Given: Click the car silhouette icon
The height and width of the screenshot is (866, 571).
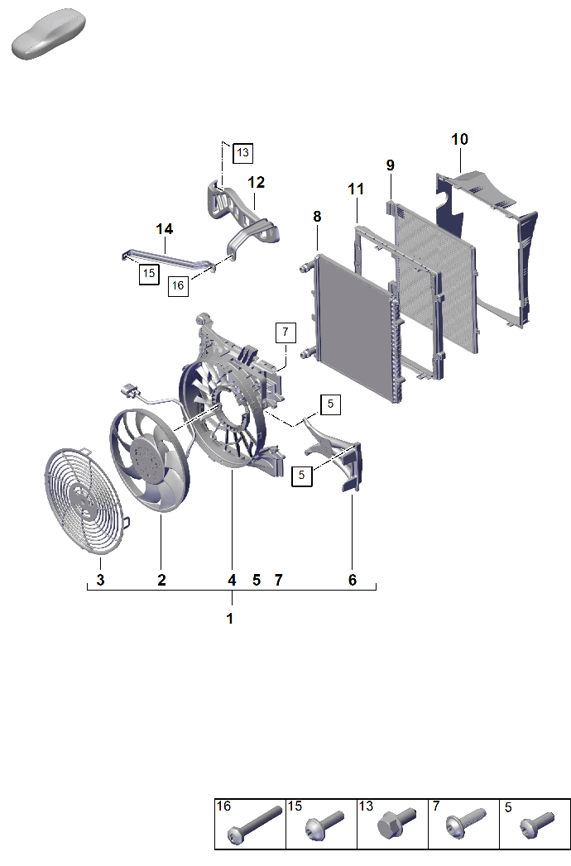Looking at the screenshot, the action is click(49, 33).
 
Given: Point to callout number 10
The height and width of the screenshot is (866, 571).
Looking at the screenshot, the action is click(459, 139).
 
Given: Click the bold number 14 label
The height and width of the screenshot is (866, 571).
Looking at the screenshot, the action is click(164, 228).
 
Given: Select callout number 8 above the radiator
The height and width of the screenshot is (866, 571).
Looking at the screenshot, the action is click(317, 217).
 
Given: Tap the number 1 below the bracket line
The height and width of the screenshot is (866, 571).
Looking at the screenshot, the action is click(230, 619).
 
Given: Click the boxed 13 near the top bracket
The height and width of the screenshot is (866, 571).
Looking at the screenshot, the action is click(242, 152).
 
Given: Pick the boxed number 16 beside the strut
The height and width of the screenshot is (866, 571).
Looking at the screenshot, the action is click(178, 285).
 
